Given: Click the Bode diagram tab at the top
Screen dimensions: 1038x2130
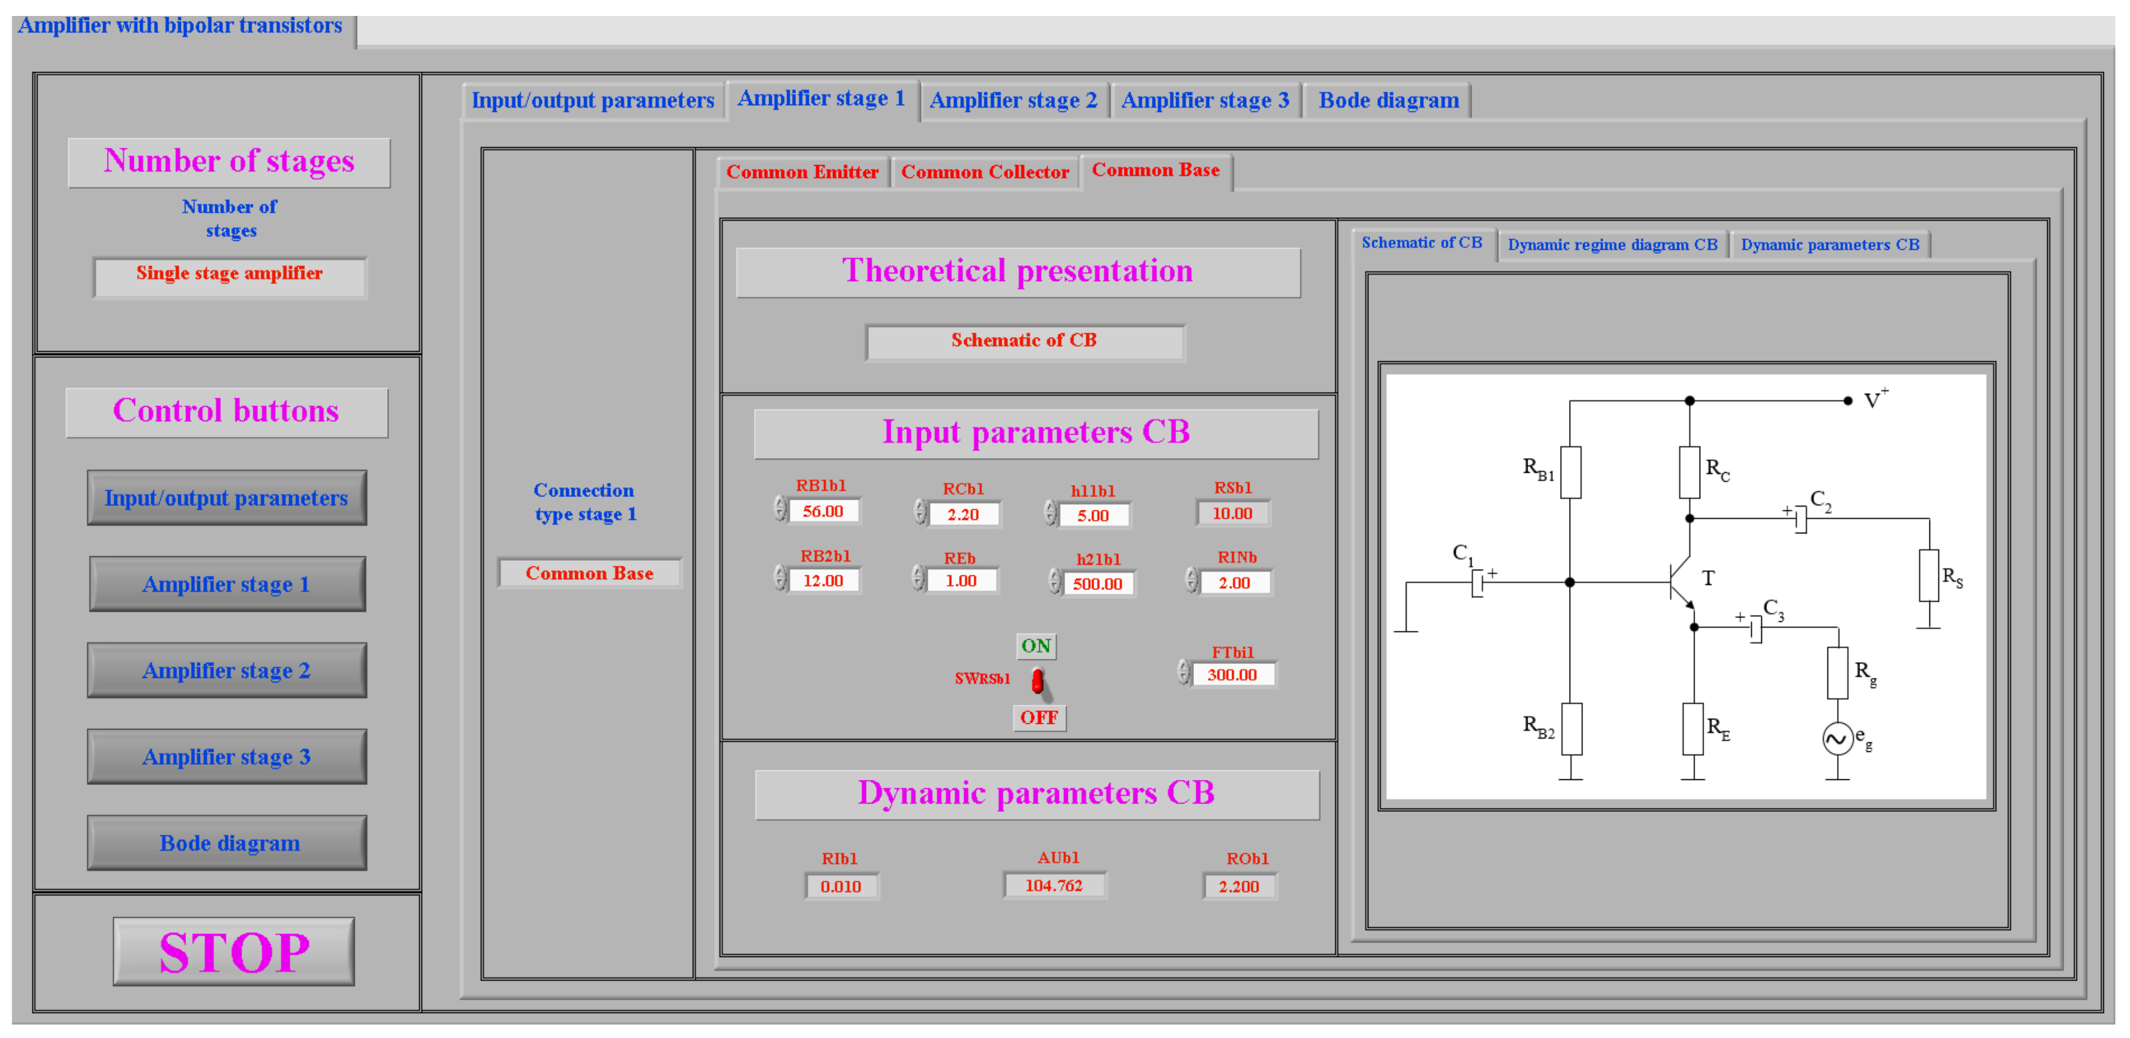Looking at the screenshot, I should (1388, 101).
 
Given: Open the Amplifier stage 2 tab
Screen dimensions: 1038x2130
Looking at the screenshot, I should (1013, 101).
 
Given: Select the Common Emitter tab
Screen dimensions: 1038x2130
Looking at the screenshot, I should (802, 172).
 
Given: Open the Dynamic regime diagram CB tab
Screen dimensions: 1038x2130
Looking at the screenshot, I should (1612, 245).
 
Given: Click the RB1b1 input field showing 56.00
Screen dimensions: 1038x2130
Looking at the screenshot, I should (823, 512).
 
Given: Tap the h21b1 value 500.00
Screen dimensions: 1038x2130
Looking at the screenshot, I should (1097, 584).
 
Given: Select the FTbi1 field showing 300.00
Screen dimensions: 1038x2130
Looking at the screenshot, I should (1232, 675).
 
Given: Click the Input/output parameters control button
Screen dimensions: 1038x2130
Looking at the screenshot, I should (227, 498).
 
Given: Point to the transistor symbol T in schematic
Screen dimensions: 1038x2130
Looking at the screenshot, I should (1681, 582).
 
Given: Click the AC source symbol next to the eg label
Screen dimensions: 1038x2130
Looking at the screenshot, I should (1837, 739).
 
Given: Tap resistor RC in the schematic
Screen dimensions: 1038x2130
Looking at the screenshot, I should (1689, 472).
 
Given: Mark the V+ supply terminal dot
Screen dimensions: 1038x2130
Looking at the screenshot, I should (1848, 401).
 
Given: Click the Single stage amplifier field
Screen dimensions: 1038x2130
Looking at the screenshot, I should (229, 275).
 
